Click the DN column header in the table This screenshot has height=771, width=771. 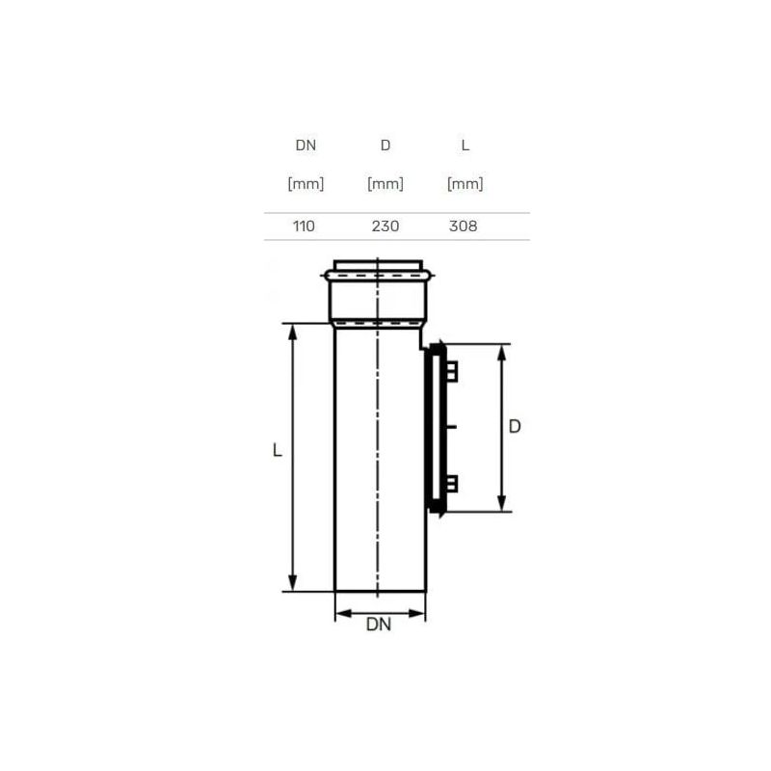(x=305, y=146)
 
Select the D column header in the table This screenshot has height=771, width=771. (x=385, y=146)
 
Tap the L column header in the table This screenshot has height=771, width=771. (x=465, y=146)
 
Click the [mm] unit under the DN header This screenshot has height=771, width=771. (x=305, y=183)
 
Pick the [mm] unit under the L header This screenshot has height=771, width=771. (x=465, y=183)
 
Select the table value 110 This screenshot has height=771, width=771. (x=305, y=226)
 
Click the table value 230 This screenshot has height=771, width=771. (x=385, y=226)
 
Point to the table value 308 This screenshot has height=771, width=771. (x=464, y=226)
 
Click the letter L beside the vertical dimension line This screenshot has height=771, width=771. (x=278, y=450)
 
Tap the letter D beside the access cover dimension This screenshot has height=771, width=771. (x=515, y=426)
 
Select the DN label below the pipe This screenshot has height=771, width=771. (x=379, y=625)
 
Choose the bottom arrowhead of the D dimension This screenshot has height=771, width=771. (x=501, y=503)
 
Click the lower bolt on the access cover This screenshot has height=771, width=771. (x=454, y=485)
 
